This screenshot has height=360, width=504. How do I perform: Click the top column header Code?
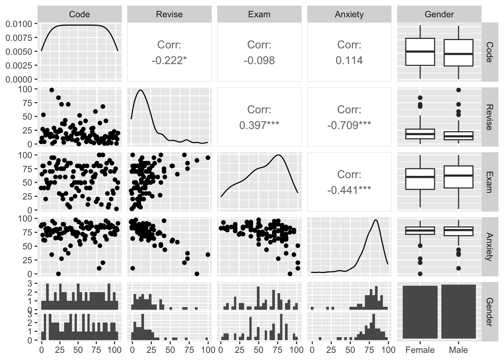pos(79,15)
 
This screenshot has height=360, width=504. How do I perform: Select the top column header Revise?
pos(169,15)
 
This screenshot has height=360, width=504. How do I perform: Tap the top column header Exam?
pos(259,15)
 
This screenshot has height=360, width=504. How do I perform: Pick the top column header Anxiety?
pos(349,15)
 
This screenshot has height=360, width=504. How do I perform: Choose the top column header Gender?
pos(439,15)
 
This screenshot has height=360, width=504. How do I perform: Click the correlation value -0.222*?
pos(169,60)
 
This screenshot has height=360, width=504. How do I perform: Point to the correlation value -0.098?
pos(259,60)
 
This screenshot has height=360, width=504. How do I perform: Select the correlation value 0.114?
pos(349,60)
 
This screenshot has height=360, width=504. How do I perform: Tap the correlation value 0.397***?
pos(259,125)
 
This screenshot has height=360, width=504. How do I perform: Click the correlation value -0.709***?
pos(349,125)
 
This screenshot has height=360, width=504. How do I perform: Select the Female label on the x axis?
pos(420,350)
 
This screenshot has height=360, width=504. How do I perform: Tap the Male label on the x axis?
pos(458,350)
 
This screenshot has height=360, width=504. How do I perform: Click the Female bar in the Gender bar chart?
pos(420,312)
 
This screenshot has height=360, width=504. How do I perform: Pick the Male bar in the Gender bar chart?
pos(458,312)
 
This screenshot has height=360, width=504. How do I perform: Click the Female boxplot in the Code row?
pos(420,52)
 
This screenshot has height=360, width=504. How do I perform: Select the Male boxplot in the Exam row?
pos(458,177)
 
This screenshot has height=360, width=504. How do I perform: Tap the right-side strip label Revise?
pos(489,117)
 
